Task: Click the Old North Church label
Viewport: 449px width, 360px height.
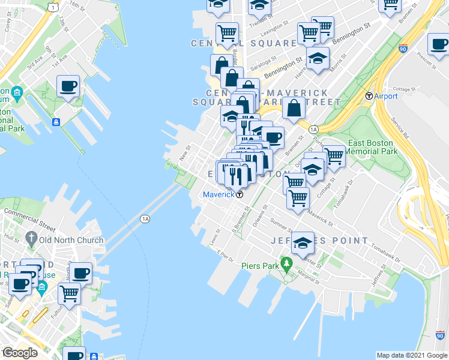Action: point(71,240)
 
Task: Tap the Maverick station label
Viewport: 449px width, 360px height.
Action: point(218,194)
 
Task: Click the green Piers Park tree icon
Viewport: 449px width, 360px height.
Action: point(287,263)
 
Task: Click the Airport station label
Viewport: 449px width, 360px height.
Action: point(385,96)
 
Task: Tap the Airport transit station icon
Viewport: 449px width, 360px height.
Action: point(369,96)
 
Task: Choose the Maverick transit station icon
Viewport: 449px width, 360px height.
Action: point(240,194)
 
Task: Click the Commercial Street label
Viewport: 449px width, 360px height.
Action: point(30,221)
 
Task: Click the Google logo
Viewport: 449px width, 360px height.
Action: point(20,353)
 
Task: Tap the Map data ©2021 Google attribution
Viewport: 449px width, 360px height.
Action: point(411,355)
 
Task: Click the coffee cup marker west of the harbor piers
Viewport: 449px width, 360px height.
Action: point(68,86)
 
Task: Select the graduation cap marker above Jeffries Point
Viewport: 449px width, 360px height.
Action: point(303,243)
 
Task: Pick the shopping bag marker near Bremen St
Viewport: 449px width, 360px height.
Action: point(294,109)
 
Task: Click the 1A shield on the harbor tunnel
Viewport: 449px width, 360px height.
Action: point(145,219)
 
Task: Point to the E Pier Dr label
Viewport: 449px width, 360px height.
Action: point(225,253)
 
